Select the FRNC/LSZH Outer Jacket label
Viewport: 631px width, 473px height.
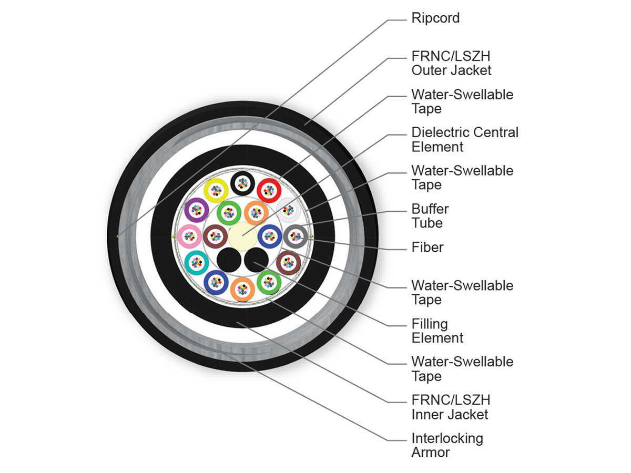451,63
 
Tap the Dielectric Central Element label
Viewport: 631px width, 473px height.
464,140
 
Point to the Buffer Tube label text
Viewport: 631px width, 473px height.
430,216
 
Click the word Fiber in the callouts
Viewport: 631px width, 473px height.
427,247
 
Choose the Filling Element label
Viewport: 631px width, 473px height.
437,331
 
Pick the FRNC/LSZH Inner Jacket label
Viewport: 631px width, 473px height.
451,407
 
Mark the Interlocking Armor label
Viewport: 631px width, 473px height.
447,446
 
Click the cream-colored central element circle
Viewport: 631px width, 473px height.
242,236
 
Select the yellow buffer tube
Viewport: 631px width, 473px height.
216,190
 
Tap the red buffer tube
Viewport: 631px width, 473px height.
269,190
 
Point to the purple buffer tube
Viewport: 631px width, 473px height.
197,210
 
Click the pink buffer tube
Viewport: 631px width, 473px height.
189,236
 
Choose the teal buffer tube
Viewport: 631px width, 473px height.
197,263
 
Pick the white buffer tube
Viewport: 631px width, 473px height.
288,210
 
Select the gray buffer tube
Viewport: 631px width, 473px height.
296,236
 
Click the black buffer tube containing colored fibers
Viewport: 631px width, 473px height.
242,183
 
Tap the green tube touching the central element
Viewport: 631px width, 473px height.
229,213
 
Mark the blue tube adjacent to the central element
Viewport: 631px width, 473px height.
270,236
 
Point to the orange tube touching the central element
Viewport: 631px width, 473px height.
256,213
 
